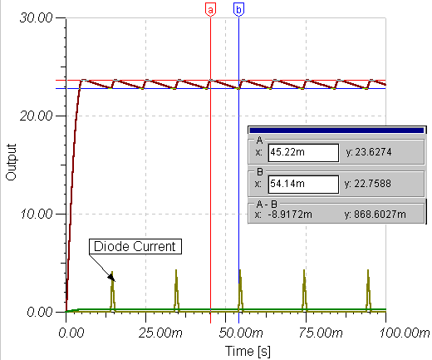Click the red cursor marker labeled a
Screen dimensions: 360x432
coord(210,10)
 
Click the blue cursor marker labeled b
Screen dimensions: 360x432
coord(238,10)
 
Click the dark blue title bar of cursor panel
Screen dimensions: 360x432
coord(337,130)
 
